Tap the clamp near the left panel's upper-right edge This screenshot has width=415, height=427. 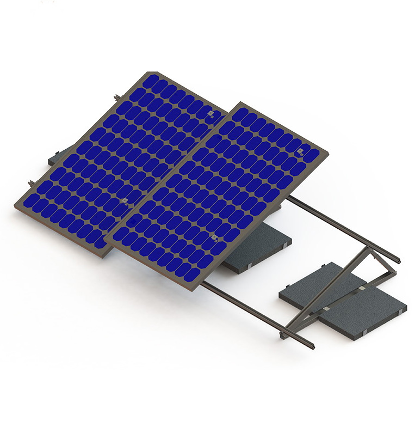point(211,113)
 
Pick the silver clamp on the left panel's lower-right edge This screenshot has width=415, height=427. point(125,202)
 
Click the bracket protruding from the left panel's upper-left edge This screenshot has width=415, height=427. point(115,98)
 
